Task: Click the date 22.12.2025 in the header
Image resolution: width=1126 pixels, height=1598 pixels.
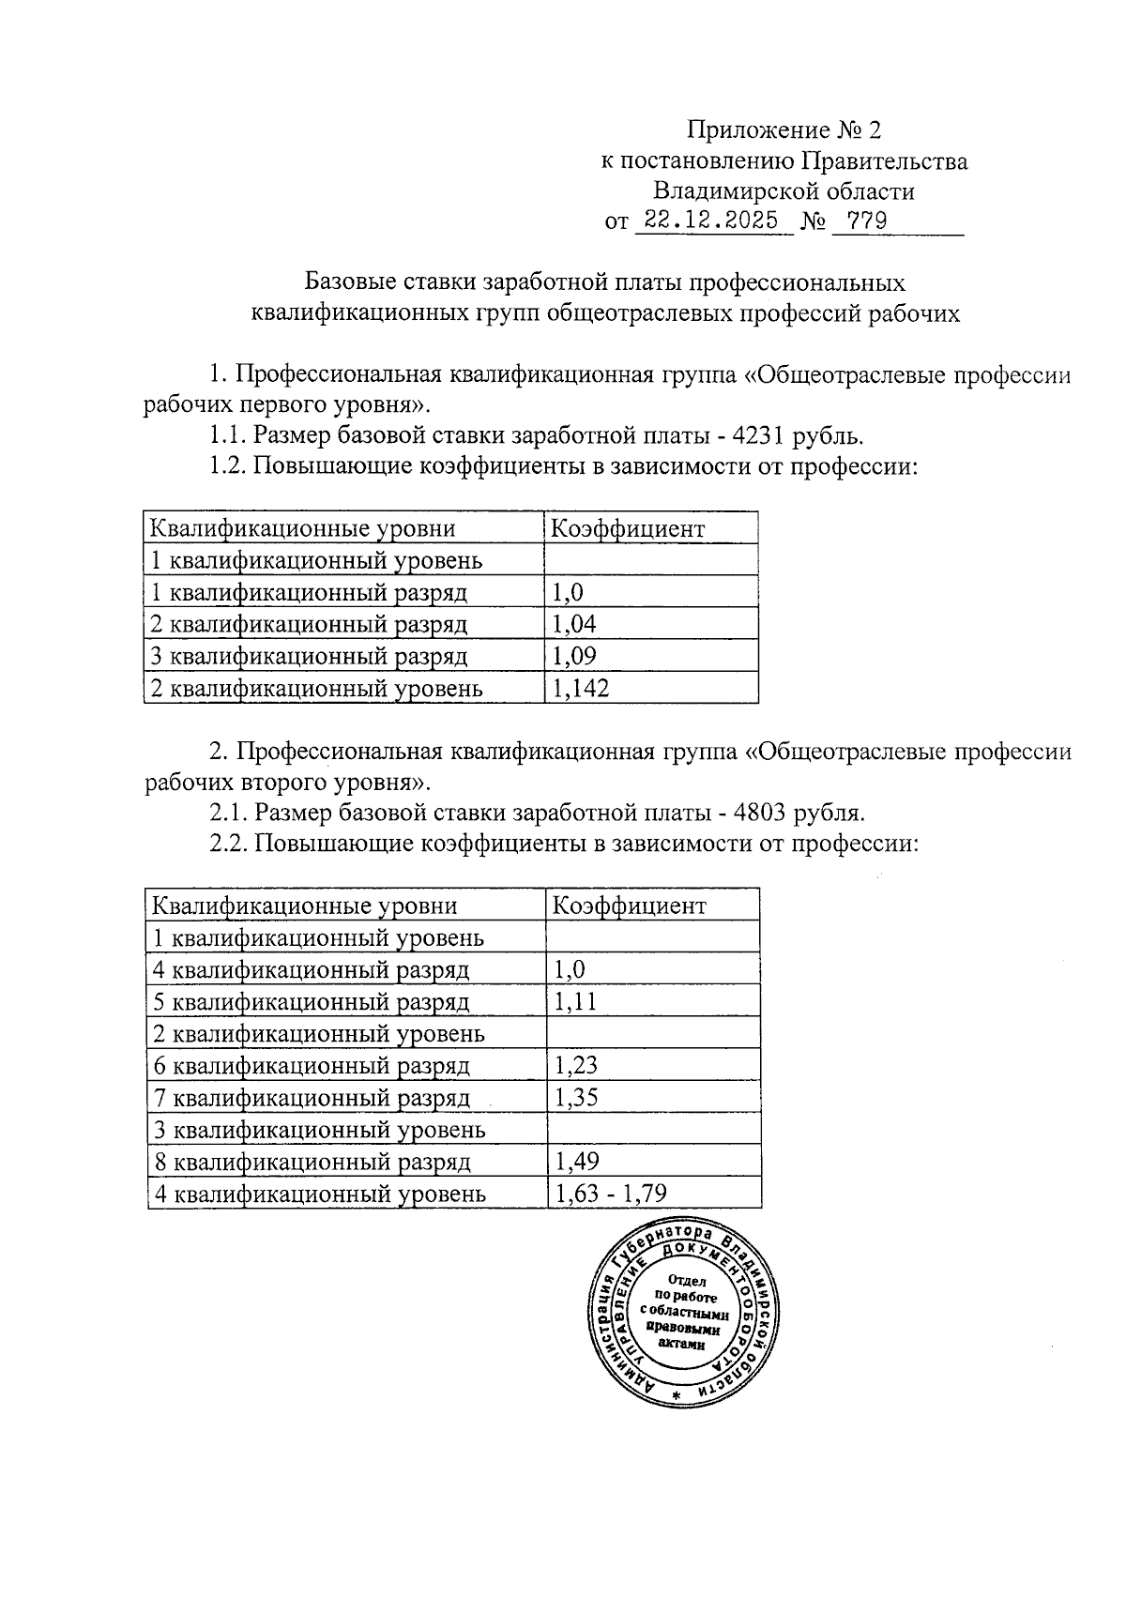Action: point(713,221)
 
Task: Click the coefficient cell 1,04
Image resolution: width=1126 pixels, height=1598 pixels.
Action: point(574,624)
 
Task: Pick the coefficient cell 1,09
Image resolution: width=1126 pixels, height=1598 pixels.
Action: point(574,656)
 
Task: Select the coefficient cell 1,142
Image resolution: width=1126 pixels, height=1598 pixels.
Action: point(581,689)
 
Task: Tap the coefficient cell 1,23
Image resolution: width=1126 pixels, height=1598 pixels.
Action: point(576,1065)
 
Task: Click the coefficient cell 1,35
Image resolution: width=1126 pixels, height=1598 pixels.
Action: point(576,1097)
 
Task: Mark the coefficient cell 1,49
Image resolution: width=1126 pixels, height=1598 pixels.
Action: point(576,1162)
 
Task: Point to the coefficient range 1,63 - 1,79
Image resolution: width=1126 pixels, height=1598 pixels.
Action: point(611,1194)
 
